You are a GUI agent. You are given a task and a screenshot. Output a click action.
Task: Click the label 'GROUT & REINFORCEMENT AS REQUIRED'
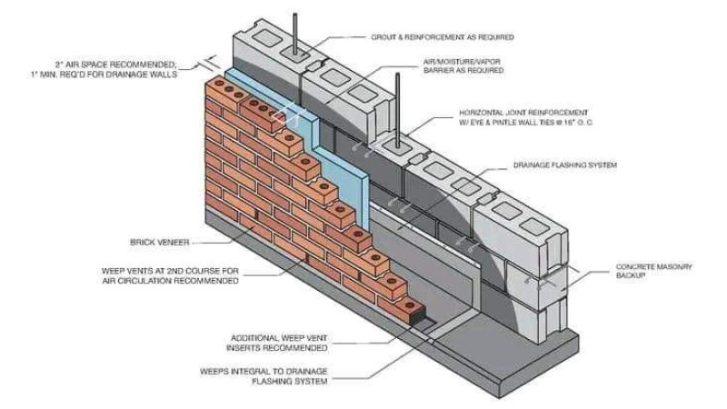click(443, 37)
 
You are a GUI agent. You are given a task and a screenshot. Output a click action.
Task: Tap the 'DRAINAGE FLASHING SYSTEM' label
click(564, 165)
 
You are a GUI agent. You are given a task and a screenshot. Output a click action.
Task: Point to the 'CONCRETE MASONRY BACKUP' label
click(653, 270)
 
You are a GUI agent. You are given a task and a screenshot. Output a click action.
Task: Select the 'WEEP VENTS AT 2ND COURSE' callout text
click(170, 275)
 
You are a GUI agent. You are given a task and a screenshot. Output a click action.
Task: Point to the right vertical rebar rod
click(397, 109)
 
